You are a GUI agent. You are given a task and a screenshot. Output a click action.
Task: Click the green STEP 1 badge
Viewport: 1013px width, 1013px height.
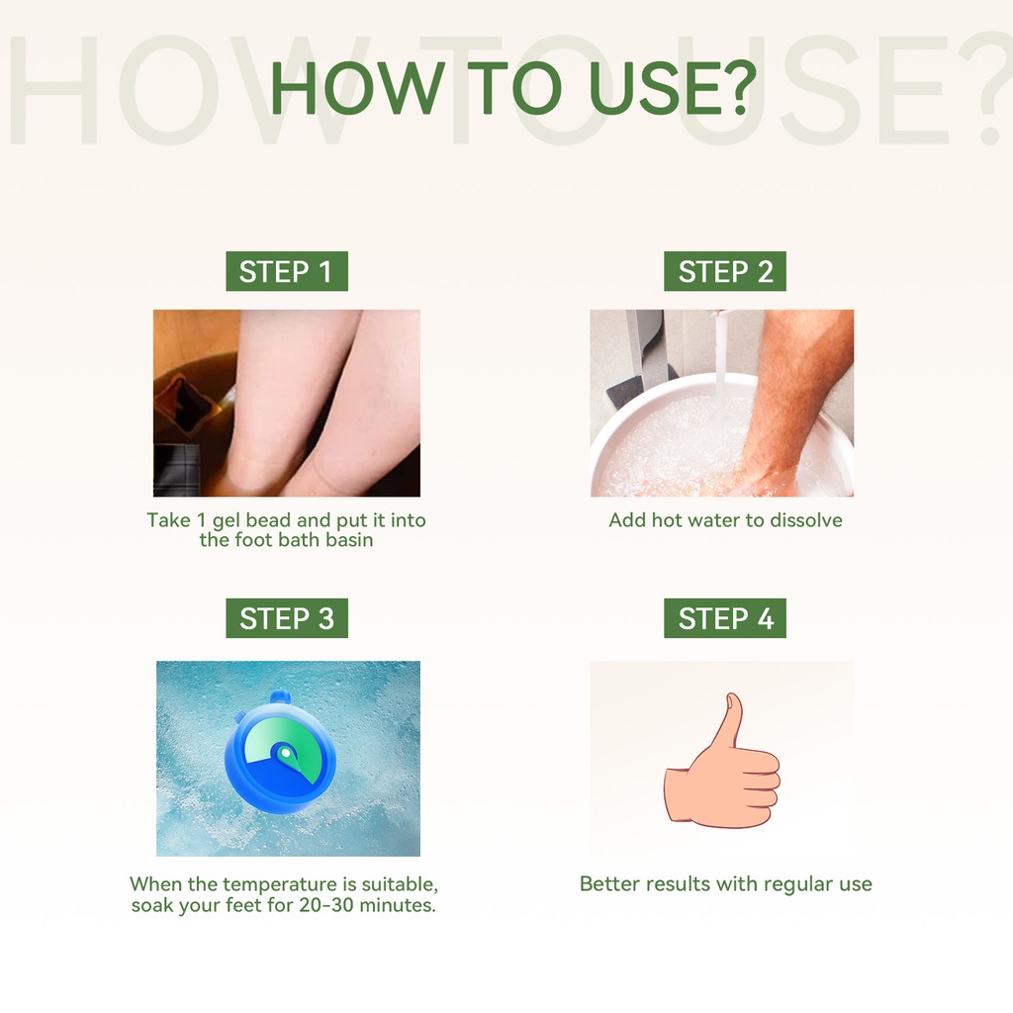click(x=287, y=271)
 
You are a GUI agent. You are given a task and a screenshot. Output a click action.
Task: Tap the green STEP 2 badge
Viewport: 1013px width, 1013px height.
click(x=725, y=271)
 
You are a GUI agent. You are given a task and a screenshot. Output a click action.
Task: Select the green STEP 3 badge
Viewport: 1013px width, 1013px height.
click(x=287, y=618)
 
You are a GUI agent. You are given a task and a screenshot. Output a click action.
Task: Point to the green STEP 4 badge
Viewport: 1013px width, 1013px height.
click(x=725, y=618)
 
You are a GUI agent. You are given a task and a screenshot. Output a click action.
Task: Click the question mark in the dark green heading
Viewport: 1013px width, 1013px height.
click(x=739, y=87)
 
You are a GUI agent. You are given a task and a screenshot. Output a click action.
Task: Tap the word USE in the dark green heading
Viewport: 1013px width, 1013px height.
click(x=654, y=88)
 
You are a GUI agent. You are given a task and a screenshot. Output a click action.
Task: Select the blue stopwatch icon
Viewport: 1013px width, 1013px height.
click(x=280, y=752)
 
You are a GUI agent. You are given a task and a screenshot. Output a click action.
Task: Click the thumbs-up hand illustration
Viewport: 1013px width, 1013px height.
click(x=722, y=763)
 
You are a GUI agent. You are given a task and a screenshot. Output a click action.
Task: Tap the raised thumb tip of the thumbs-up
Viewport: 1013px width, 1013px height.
click(x=733, y=697)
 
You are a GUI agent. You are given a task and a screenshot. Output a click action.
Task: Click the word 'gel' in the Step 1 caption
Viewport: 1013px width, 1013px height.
click(x=227, y=520)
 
